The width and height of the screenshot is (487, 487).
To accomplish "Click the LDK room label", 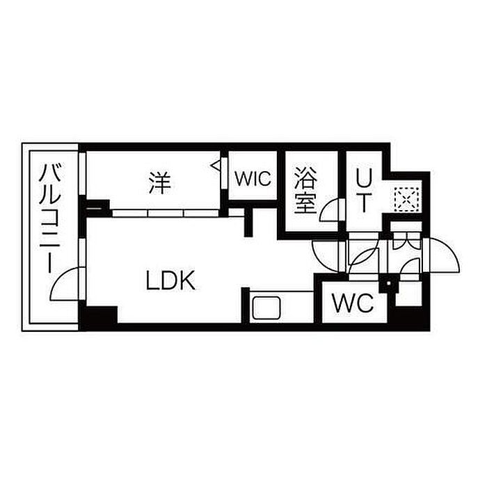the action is (x=170, y=280).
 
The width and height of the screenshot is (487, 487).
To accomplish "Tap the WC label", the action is (x=353, y=303).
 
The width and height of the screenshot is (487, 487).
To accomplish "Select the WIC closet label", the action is (x=253, y=179).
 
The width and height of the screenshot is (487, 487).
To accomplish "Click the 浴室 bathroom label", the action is (x=305, y=191).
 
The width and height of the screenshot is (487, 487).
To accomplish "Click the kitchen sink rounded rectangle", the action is (x=266, y=308).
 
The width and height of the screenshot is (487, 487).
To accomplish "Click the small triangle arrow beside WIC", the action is (x=216, y=166).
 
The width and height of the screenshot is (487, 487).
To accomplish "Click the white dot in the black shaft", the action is (x=388, y=283).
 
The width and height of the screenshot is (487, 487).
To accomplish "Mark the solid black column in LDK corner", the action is (x=98, y=318).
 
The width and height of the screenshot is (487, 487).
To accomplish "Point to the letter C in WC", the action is (x=365, y=303).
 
